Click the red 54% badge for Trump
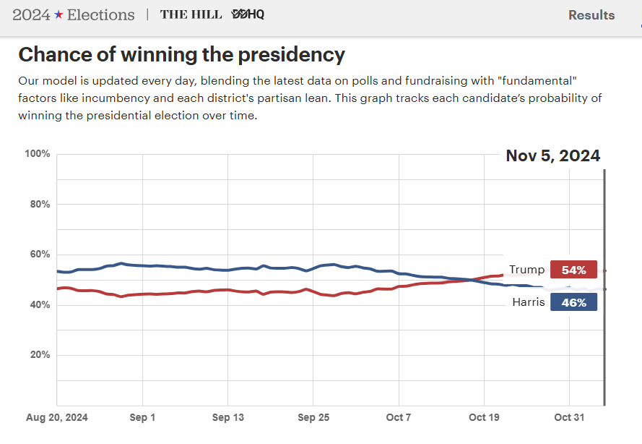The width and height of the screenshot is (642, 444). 573,270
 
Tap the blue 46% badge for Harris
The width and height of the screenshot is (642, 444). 573,302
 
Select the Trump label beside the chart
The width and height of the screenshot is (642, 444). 526,270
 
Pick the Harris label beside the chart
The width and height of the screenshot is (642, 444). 528,302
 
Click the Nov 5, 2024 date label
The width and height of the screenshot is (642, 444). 552,155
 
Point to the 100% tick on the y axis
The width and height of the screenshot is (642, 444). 37,154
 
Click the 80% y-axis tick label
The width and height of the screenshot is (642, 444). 38,204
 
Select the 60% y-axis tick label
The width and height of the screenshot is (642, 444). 38,255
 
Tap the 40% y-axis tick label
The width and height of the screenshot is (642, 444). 38,304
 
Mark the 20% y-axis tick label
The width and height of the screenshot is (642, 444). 38,355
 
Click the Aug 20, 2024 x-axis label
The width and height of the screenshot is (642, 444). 56,417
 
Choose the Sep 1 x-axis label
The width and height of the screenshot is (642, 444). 142,417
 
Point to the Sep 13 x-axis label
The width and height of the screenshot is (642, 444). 227,417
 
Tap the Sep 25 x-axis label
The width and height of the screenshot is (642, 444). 313,417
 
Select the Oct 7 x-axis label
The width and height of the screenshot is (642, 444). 398,417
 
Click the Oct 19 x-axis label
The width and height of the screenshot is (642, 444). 483,417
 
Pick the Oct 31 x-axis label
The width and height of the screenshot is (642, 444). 569,417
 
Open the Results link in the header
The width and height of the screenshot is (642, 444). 591,15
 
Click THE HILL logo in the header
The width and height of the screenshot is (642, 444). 191,14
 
